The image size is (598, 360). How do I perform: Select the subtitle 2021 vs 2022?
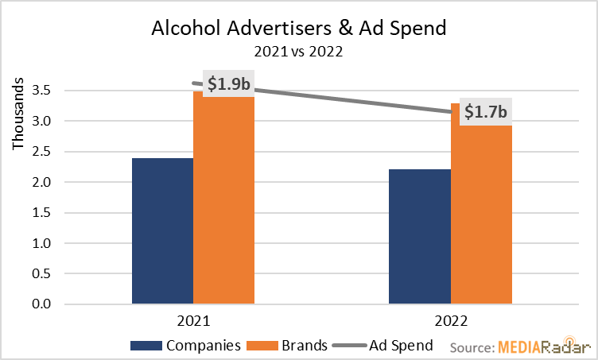coord(298,52)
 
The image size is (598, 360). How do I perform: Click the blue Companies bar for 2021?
coord(162,230)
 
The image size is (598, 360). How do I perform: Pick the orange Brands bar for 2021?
coord(223,199)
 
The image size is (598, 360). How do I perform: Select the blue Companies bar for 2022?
coord(420,236)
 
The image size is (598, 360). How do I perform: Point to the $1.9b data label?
coord(230,83)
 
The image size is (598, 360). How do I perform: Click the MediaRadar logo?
coord(545,347)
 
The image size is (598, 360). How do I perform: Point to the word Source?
coord(472,347)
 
